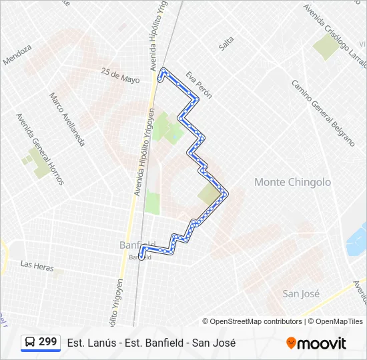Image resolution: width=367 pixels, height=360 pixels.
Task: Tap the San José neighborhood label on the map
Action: point(301,293)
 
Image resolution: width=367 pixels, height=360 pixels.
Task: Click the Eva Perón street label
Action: point(199,85)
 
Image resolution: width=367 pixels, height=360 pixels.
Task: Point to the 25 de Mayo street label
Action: point(121,75)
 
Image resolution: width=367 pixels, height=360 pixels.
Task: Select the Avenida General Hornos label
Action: point(40,148)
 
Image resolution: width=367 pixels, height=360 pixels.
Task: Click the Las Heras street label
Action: point(37,265)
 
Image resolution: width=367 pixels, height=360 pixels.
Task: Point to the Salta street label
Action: point(227,43)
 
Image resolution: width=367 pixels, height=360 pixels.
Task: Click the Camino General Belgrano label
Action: point(322,113)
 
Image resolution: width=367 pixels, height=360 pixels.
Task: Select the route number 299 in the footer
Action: point(47,342)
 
